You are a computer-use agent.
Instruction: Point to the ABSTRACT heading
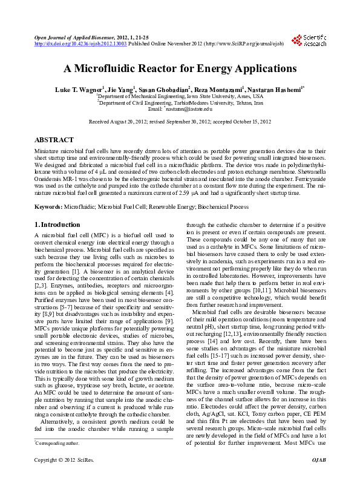[54, 140]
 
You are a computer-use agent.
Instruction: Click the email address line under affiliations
[180, 109]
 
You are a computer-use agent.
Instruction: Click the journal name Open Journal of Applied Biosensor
[75, 38]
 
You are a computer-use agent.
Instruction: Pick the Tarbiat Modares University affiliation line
[180, 103]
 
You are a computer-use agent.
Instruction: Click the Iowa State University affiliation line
[180, 96]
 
